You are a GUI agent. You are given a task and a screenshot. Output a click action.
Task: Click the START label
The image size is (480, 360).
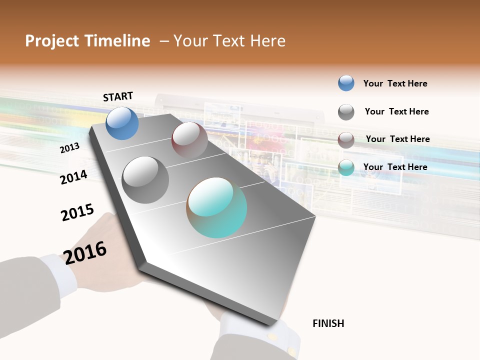coord(118,96)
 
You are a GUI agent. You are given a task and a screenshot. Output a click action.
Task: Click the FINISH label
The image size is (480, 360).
coord(328,323)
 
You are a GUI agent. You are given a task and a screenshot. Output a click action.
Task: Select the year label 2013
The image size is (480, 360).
coord(69,148)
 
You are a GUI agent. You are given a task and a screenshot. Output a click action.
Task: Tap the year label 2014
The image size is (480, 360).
coord(73,177)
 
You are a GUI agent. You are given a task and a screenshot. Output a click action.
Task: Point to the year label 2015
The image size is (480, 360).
coord(77,212)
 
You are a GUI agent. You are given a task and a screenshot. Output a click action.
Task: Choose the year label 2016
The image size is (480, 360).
coord(85,252)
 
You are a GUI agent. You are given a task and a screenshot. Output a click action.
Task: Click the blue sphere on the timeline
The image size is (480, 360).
coord(122,123)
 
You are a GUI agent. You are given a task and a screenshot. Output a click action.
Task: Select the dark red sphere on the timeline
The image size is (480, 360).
coord(189,139)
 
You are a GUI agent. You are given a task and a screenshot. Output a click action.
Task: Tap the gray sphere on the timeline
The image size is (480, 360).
coord(145,179)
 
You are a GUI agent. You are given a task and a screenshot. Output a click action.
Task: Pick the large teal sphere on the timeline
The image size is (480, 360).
coord(216,207)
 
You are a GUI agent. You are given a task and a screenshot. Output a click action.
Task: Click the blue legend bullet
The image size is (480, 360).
coord(346,83)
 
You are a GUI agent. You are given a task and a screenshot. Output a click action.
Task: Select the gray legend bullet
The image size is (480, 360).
coord(346,112)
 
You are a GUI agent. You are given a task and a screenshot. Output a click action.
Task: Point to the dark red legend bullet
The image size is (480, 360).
coord(346,140)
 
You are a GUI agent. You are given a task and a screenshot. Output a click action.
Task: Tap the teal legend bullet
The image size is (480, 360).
coord(346,168)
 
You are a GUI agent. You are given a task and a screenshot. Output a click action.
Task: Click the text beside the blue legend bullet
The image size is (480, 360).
coord(395,83)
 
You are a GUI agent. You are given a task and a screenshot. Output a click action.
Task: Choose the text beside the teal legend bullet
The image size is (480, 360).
coord(395,167)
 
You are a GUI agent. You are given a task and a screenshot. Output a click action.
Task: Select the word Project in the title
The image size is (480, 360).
coord(52,41)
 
